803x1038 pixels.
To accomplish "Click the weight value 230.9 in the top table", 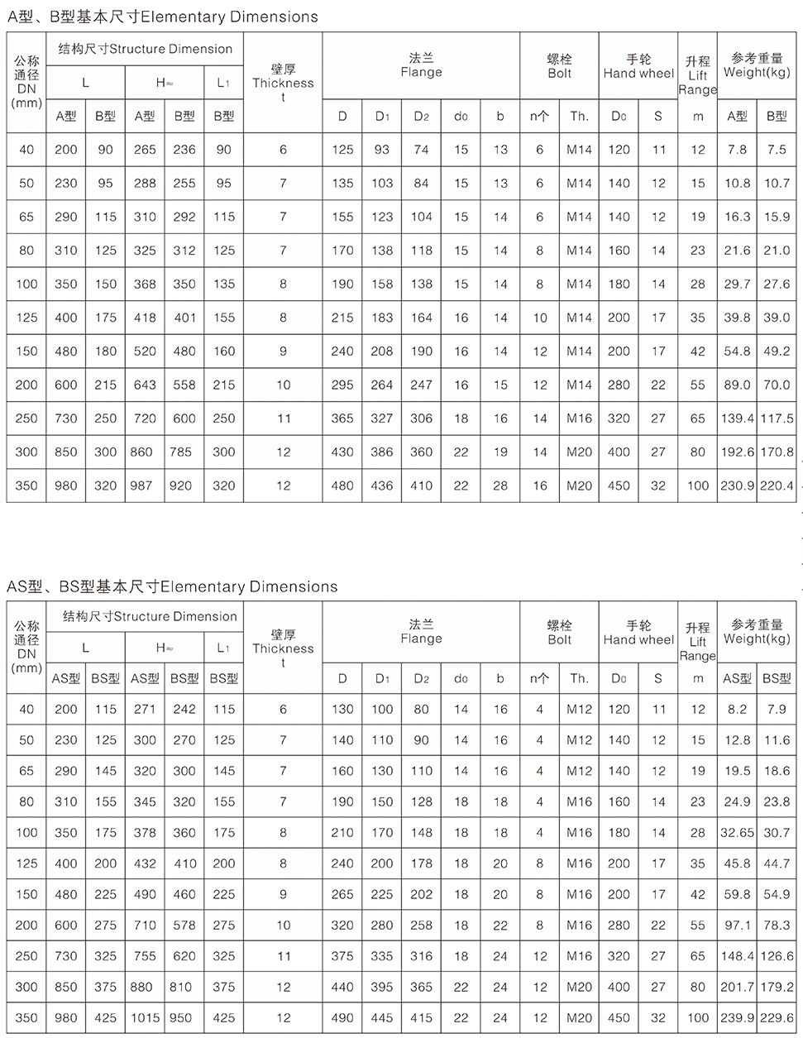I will click(x=737, y=486).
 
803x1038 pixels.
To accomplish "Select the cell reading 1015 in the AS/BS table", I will click(x=145, y=1017).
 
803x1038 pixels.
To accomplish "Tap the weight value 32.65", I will click(x=737, y=833).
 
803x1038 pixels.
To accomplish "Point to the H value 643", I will click(x=145, y=385).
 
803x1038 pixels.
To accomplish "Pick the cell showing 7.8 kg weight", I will click(x=737, y=150).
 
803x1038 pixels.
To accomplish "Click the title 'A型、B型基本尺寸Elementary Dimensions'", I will click(x=161, y=17).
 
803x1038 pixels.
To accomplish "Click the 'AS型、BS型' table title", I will click(x=172, y=586).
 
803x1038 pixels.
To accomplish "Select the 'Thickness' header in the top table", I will click(x=283, y=83).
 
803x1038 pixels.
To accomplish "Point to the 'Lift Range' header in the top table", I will click(x=697, y=75).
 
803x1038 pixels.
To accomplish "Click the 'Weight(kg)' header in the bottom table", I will click(x=757, y=632).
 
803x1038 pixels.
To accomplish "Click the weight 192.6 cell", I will click(x=737, y=452).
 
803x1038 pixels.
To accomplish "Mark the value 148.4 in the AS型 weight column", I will click(x=737, y=956).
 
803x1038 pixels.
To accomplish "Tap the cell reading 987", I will click(x=145, y=486).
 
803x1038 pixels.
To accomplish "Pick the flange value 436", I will click(x=381, y=486).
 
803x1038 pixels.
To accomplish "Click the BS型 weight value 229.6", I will click(x=777, y=1017).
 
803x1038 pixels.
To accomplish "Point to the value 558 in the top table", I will click(x=184, y=385).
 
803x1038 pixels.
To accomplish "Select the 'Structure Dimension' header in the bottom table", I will click(x=151, y=616).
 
